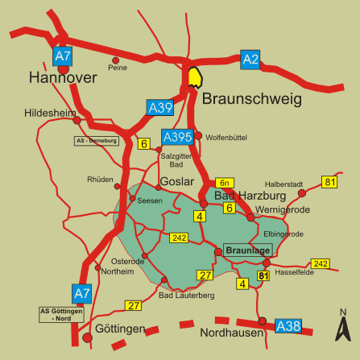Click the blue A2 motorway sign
tap(250, 59)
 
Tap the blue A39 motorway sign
tap(159, 106)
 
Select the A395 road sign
tap(177, 137)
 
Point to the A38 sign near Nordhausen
tap(288, 326)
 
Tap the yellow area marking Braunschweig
tap(195, 77)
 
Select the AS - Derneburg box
tap(96, 141)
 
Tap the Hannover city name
tap(62, 78)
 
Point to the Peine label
tap(118, 68)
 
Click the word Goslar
tap(177, 182)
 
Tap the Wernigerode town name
tap(282, 209)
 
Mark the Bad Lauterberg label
tap(187, 296)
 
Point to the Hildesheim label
tap(50, 114)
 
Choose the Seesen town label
tap(150, 200)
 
